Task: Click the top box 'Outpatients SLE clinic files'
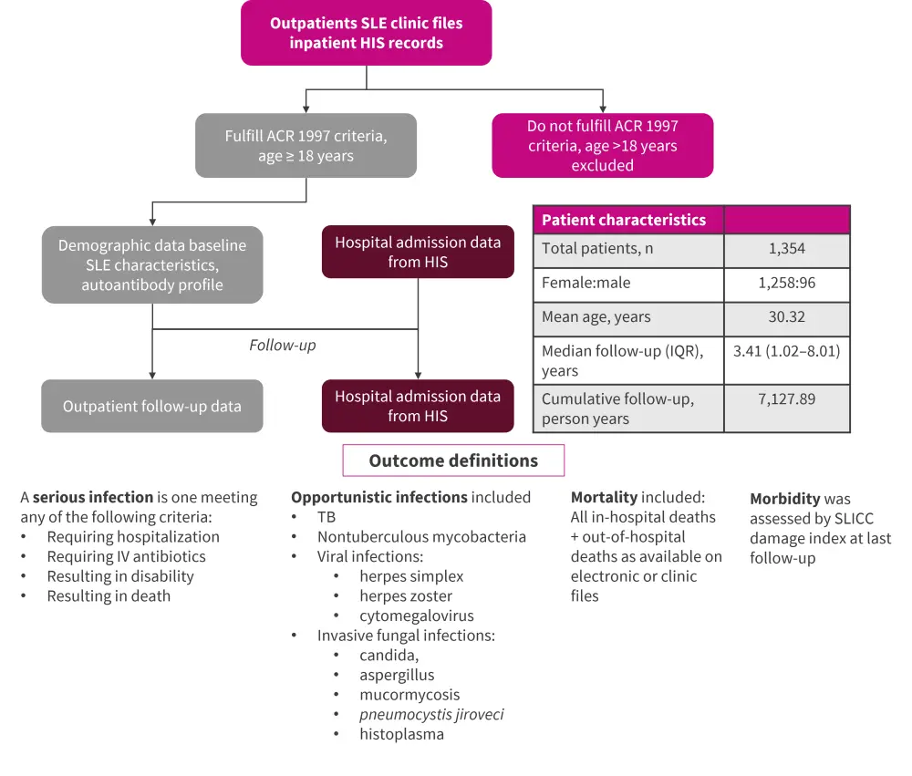pyautogui.click(x=366, y=33)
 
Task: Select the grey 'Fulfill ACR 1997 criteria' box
pyautogui.click(x=306, y=146)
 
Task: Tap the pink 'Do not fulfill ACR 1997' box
pyautogui.click(x=602, y=146)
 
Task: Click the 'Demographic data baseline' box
pyautogui.click(x=152, y=264)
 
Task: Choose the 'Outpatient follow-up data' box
pyautogui.click(x=152, y=406)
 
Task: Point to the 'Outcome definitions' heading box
pyautogui.click(x=453, y=460)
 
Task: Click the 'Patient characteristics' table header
pyautogui.click(x=624, y=220)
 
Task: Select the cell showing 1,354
pyautogui.click(x=786, y=249)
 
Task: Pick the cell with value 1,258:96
pyautogui.click(x=786, y=283)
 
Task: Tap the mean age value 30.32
pyautogui.click(x=786, y=316)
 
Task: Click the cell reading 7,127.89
pyautogui.click(x=786, y=398)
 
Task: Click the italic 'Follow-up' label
pyautogui.click(x=283, y=346)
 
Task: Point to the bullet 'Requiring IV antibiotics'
pyautogui.click(x=126, y=556)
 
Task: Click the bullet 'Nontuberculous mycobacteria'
pyautogui.click(x=421, y=536)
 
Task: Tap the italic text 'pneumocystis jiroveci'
pyautogui.click(x=431, y=714)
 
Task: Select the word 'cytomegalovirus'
pyautogui.click(x=416, y=616)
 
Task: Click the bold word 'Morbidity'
pyautogui.click(x=784, y=499)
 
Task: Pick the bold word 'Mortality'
pyautogui.click(x=604, y=497)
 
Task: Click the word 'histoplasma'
pyautogui.click(x=401, y=734)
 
